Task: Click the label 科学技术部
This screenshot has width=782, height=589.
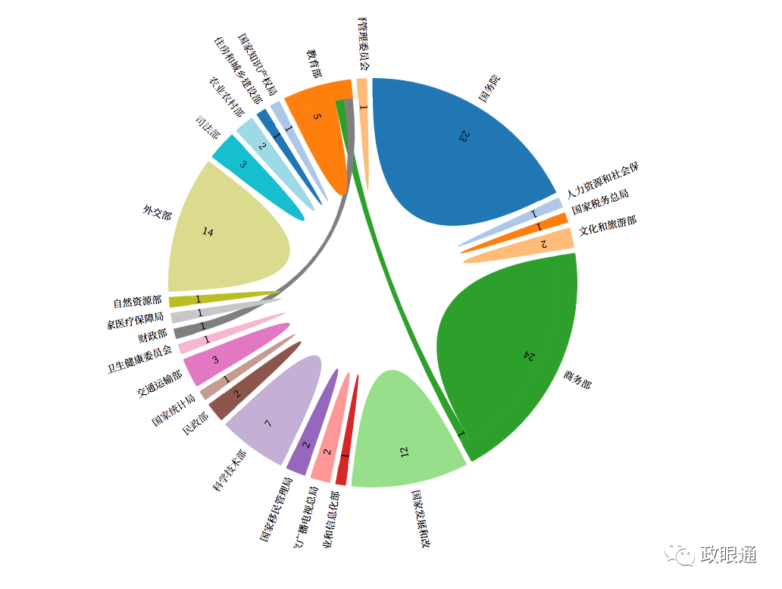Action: coord(230,471)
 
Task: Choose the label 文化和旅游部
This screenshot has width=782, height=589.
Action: coord(607,225)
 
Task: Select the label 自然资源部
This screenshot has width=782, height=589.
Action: coord(137,302)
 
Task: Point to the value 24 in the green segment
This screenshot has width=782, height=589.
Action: coord(529,356)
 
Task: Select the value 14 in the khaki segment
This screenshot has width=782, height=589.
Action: coord(208,231)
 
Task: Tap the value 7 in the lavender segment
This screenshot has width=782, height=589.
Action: coord(267,423)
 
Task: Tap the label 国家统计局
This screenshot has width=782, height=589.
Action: coord(174,408)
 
